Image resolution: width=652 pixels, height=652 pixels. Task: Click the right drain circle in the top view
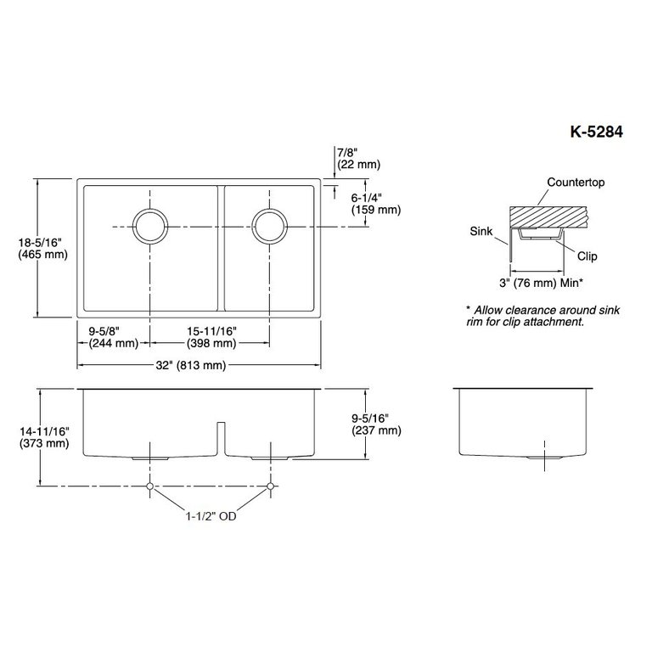coord(270,226)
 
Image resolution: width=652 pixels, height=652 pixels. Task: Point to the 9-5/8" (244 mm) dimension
coord(113,338)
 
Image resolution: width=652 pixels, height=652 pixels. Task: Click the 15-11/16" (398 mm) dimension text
coord(211,338)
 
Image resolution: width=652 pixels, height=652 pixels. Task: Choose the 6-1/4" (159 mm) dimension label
coord(368,203)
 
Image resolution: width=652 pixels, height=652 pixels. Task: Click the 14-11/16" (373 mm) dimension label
coord(42,437)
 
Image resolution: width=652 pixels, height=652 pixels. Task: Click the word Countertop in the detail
coord(576,183)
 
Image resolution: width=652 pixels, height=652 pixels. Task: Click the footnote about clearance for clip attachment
coord(542,317)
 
